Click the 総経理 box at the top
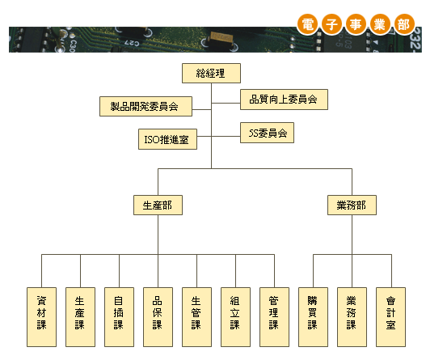click(x=211, y=73)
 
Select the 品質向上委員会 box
click(x=284, y=100)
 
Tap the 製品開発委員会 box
click(x=146, y=106)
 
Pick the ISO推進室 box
click(x=167, y=139)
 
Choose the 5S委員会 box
click(x=267, y=133)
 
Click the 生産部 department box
click(x=158, y=205)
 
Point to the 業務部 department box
click(x=352, y=205)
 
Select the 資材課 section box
click(x=41, y=317)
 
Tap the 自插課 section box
click(x=119, y=317)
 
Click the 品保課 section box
click(x=158, y=317)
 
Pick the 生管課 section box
click(x=196, y=317)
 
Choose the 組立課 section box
click(x=235, y=317)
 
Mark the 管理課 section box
click(x=274, y=317)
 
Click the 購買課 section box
click(x=313, y=317)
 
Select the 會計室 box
click(x=390, y=317)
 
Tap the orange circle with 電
click(x=307, y=24)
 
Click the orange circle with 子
click(x=331, y=24)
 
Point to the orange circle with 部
click(x=404, y=24)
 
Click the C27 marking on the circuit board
click(x=132, y=43)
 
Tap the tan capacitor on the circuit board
click(x=222, y=37)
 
